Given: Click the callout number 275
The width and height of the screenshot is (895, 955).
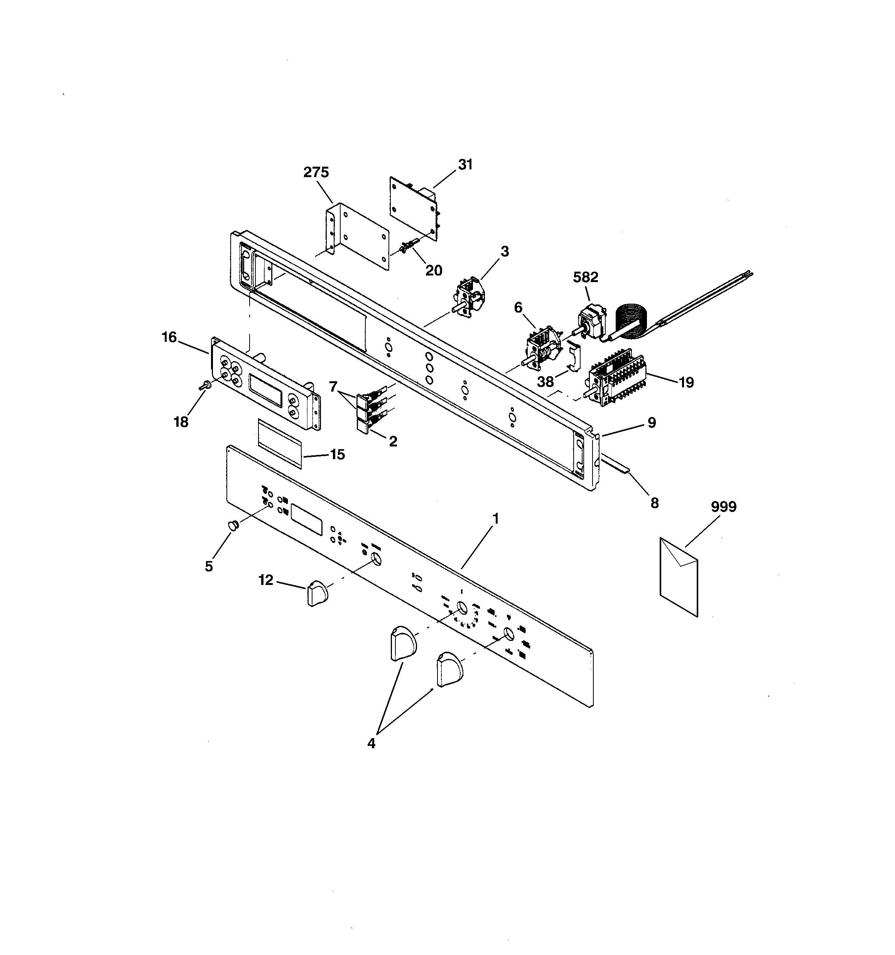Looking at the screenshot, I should click(x=316, y=172).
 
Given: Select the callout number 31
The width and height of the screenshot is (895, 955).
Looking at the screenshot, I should click(x=465, y=165).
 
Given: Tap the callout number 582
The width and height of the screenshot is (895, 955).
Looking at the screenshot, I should click(x=586, y=277).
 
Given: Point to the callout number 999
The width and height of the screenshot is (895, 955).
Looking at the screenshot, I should click(x=723, y=507).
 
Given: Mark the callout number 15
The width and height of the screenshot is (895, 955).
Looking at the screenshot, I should click(x=337, y=455).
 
